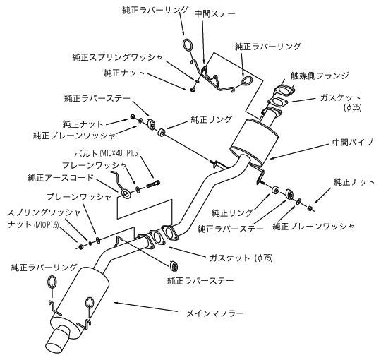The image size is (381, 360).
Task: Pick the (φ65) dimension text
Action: point(352,107)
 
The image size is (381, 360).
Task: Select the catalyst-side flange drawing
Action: point(282,95)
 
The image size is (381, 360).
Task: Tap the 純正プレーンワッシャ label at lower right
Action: point(313,227)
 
